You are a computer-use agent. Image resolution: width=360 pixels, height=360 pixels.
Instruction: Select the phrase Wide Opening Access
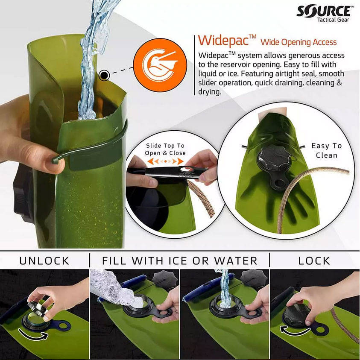(299, 42)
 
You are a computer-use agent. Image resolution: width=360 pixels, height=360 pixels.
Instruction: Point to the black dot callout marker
(104, 76)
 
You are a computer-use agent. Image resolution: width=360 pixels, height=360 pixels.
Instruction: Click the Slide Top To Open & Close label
(166, 149)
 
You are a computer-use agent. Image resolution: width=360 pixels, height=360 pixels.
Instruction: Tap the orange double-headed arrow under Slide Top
(165, 161)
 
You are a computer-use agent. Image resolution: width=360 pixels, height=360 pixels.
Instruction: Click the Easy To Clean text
(327, 150)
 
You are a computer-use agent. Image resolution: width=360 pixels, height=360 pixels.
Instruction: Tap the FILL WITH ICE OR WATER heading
(180, 260)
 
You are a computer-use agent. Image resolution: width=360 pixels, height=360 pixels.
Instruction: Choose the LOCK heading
(314, 260)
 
